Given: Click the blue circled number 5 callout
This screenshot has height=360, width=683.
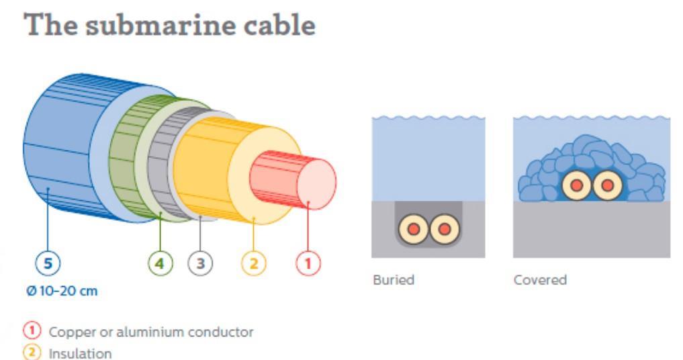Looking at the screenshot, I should pyautogui.click(x=47, y=264).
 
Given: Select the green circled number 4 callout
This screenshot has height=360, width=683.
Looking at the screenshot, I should pyautogui.click(x=160, y=264).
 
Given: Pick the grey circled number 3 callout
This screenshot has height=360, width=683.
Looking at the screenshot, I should pyautogui.click(x=200, y=264).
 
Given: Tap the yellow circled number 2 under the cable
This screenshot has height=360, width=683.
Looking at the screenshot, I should pyautogui.click(x=253, y=264).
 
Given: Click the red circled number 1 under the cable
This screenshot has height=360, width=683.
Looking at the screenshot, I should pyautogui.click(x=308, y=264).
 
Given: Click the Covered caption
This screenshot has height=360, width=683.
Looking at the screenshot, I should pyautogui.click(x=540, y=279).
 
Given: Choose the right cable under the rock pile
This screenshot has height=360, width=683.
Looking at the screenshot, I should pyautogui.click(x=606, y=184).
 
